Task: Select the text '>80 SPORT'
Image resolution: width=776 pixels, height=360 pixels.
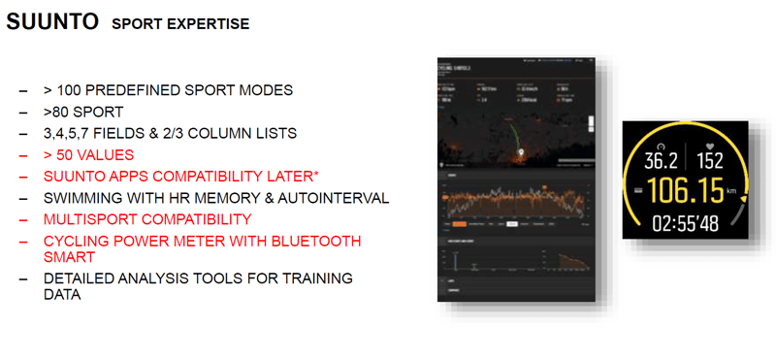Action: click(x=83, y=112)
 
